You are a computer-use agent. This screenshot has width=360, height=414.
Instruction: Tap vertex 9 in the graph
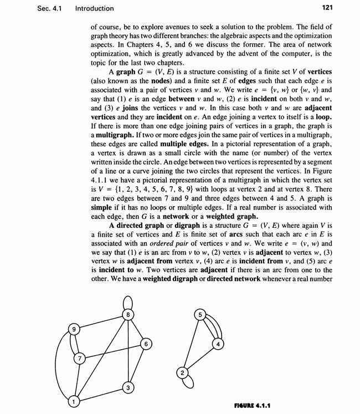pyautogui.click(x=73, y=330)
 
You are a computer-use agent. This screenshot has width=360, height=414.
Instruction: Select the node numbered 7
pyautogui.click(x=80, y=358)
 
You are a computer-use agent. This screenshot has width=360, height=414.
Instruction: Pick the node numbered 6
pyautogui.click(x=146, y=344)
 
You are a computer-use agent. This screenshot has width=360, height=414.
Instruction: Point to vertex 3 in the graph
pyautogui.click(x=127, y=387)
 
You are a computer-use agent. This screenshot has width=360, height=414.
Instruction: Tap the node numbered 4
pyautogui.click(x=218, y=344)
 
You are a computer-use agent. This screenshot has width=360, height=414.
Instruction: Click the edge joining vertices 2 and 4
pyautogui.click(x=200, y=359)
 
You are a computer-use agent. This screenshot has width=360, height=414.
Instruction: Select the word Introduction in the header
pyautogui.click(x=95, y=8)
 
